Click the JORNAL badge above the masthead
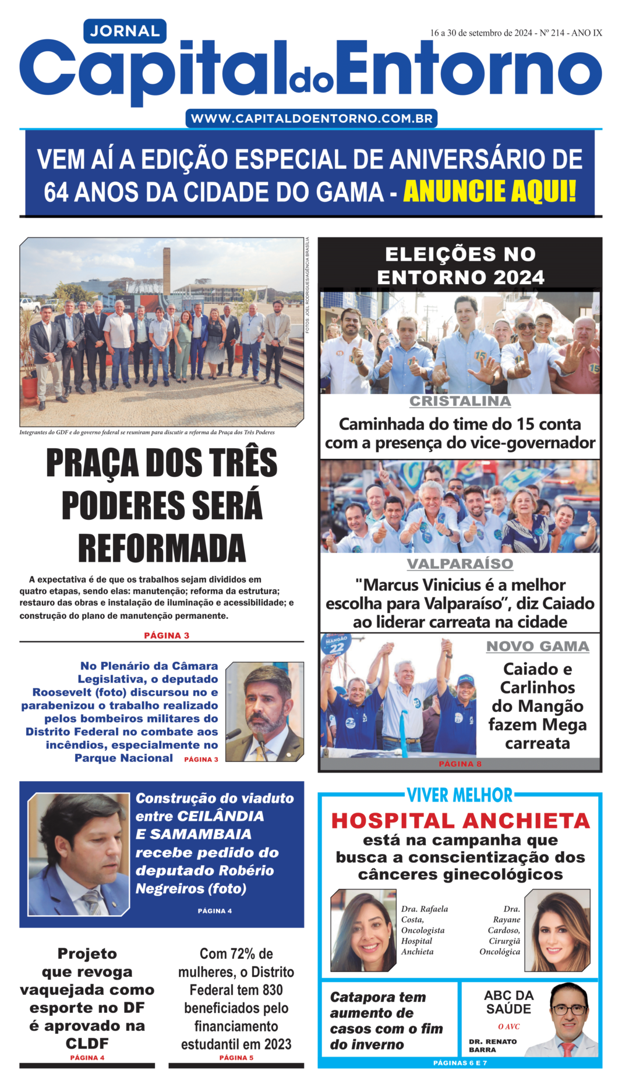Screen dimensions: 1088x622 click(x=125, y=31)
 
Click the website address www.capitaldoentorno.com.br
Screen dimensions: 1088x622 click(x=312, y=119)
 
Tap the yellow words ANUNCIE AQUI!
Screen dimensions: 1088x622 click(x=490, y=192)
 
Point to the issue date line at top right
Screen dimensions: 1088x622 click(x=515, y=33)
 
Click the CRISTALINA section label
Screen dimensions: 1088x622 click(x=460, y=401)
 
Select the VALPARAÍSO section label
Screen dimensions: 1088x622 click(x=460, y=564)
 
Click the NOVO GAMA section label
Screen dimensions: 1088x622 click(x=538, y=646)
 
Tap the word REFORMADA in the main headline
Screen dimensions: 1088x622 click(x=162, y=548)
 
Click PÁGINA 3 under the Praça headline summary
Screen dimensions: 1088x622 click(x=167, y=635)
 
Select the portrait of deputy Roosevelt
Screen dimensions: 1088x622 click(x=264, y=711)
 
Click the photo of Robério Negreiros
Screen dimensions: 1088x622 click(x=79, y=853)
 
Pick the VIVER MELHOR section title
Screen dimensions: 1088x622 click(x=460, y=795)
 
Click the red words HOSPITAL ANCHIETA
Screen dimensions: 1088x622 click(x=460, y=821)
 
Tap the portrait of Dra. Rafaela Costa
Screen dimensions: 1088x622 click(x=363, y=930)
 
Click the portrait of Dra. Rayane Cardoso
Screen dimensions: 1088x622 click(x=557, y=930)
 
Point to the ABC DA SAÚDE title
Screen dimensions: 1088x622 click(x=508, y=1002)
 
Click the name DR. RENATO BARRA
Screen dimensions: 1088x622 click(x=493, y=1046)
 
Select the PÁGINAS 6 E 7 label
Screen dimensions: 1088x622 click(x=460, y=1063)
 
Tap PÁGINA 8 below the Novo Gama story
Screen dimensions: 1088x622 click(x=460, y=764)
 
